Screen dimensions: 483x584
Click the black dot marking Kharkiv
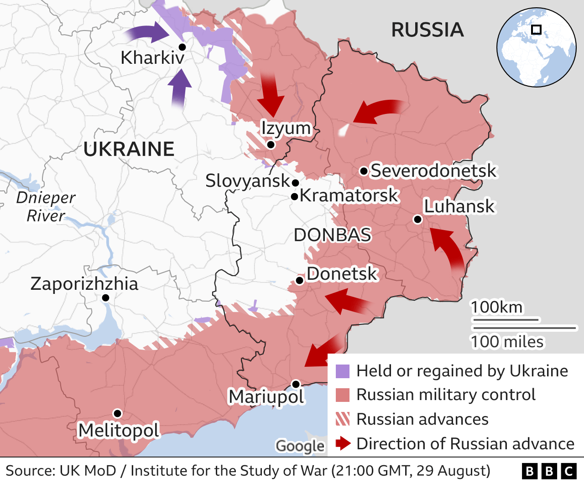pyautogui.click(x=182, y=47)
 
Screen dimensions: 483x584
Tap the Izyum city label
pyautogui.click(x=286, y=128)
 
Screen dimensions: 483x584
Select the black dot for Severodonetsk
pyautogui.click(x=364, y=171)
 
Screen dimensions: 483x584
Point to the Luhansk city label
pyautogui.click(x=459, y=206)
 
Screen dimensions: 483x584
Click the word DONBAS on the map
pyautogui.click(x=332, y=235)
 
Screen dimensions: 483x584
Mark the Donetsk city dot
pyautogui.click(x=300, y=280)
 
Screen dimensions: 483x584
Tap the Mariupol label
pyautogui.click(x=266, y=396)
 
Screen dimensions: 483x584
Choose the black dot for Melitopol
pyautogui.click(x=117, y=413)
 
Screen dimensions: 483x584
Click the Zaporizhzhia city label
pyautogui.click(x=84, y=283)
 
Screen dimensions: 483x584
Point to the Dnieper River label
pyautogui.click(x=46, y=206)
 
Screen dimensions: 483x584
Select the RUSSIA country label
pyautogui.click(x=428, y=30)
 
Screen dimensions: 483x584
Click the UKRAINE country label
pyautogui.click(x=129, y=149)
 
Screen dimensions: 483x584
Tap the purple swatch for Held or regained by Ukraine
pyautogui.click(x=343, y=371)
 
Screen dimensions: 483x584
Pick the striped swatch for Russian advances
pyautogui.click(x=343, y=419)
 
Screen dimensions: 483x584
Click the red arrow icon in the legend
pyautogui.click(x=343, y=443)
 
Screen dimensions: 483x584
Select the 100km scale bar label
pyautogui.click(x=497, y=307)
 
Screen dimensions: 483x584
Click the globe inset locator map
pyautogui.click(x=536, y=47)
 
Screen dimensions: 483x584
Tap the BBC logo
pyautogui.click(x=549, y=471)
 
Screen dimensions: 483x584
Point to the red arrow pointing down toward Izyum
pyautogui.click(x=271, y=95)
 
